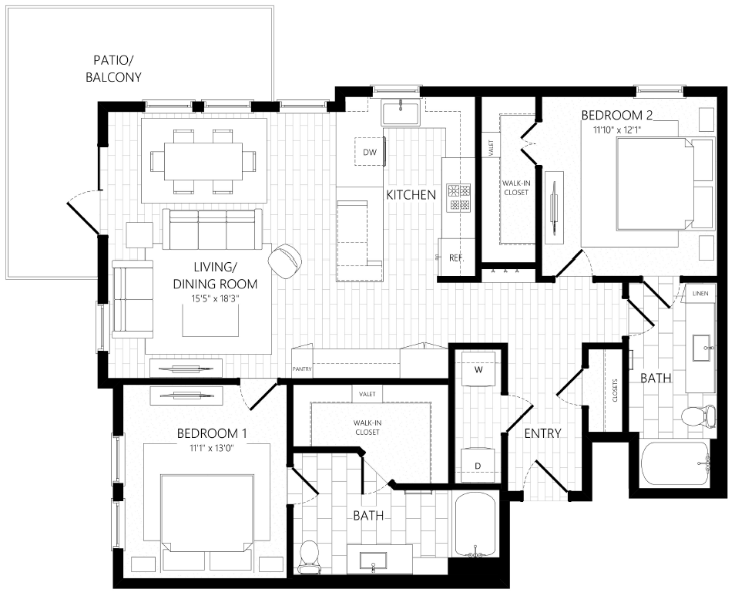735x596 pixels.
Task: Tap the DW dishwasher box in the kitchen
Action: pos(371,152)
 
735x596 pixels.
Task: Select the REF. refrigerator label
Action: pos(456,258)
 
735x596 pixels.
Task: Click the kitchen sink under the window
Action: pos(401,113)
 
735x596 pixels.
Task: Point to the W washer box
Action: pos(478,370)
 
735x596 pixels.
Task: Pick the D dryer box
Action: pos(478,465)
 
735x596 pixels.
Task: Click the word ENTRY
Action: pos(542,433)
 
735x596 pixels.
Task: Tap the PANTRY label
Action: pos(302,369)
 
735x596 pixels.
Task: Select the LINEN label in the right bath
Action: pos(700,294)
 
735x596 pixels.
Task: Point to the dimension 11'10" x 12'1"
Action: pos(616,130)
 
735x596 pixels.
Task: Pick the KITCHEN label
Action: pos(411,195)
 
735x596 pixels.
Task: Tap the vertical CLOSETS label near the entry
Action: pos(614,391)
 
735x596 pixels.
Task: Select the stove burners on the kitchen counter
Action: pos(460,197)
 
